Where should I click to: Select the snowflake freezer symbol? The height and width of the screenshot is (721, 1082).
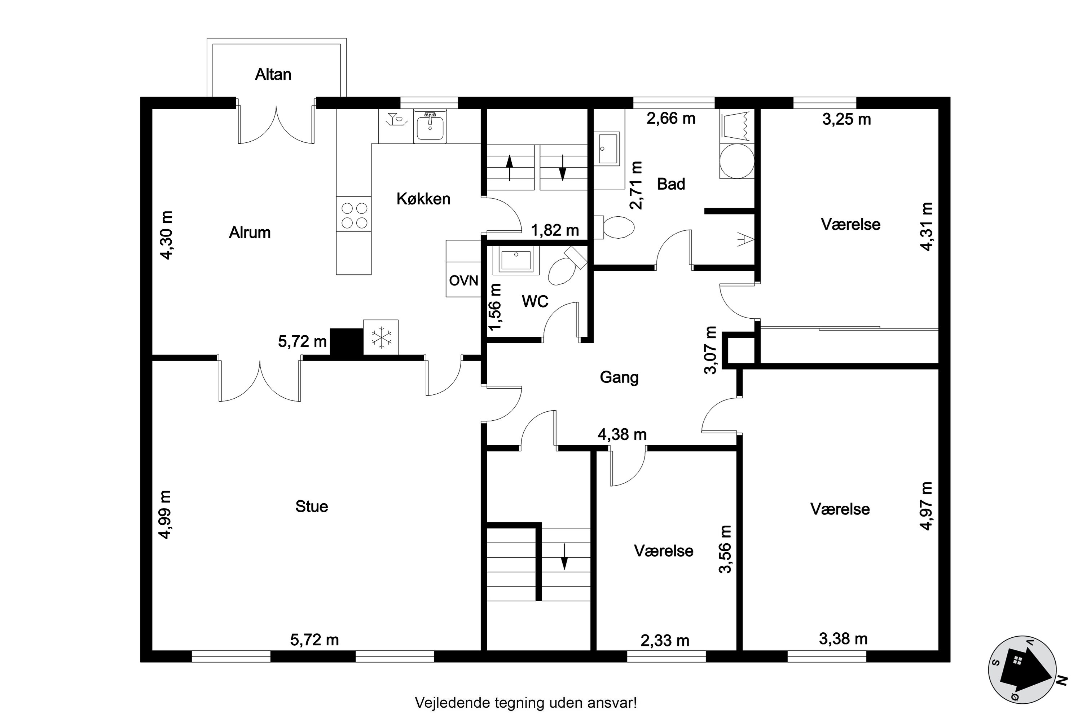(381, 337)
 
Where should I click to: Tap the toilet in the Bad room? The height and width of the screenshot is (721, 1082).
(615, 227)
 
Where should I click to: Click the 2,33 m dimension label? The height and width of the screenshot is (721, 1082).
(665, 640)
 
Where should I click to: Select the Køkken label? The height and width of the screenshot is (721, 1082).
(423, 199)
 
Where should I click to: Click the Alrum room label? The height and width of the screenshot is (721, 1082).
(250, 232)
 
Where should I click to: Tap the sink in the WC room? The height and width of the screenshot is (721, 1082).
(516, 260)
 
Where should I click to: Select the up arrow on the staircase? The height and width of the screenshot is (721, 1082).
(509, 168)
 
